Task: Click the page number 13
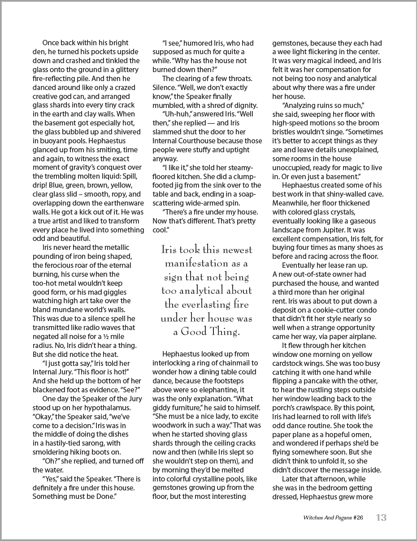[381, 518]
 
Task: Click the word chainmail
[243, 363]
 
